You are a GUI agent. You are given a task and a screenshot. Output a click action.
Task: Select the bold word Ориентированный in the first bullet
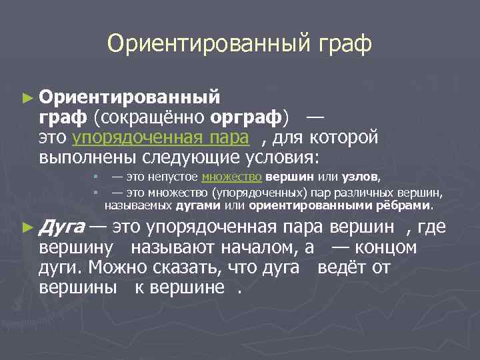point(129,97)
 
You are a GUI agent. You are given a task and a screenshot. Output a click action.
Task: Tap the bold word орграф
point(247,117)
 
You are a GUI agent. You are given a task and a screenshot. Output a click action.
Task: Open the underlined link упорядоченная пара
point(161,138)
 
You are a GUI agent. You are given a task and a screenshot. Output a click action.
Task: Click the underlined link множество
point(231,177)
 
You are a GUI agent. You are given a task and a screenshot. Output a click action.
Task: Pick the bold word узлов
point(361,177)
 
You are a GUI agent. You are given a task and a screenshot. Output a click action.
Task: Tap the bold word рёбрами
point(407,205)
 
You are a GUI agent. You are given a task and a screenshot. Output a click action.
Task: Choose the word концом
point(389,248)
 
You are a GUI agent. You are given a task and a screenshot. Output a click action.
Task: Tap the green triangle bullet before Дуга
point(27,227)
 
